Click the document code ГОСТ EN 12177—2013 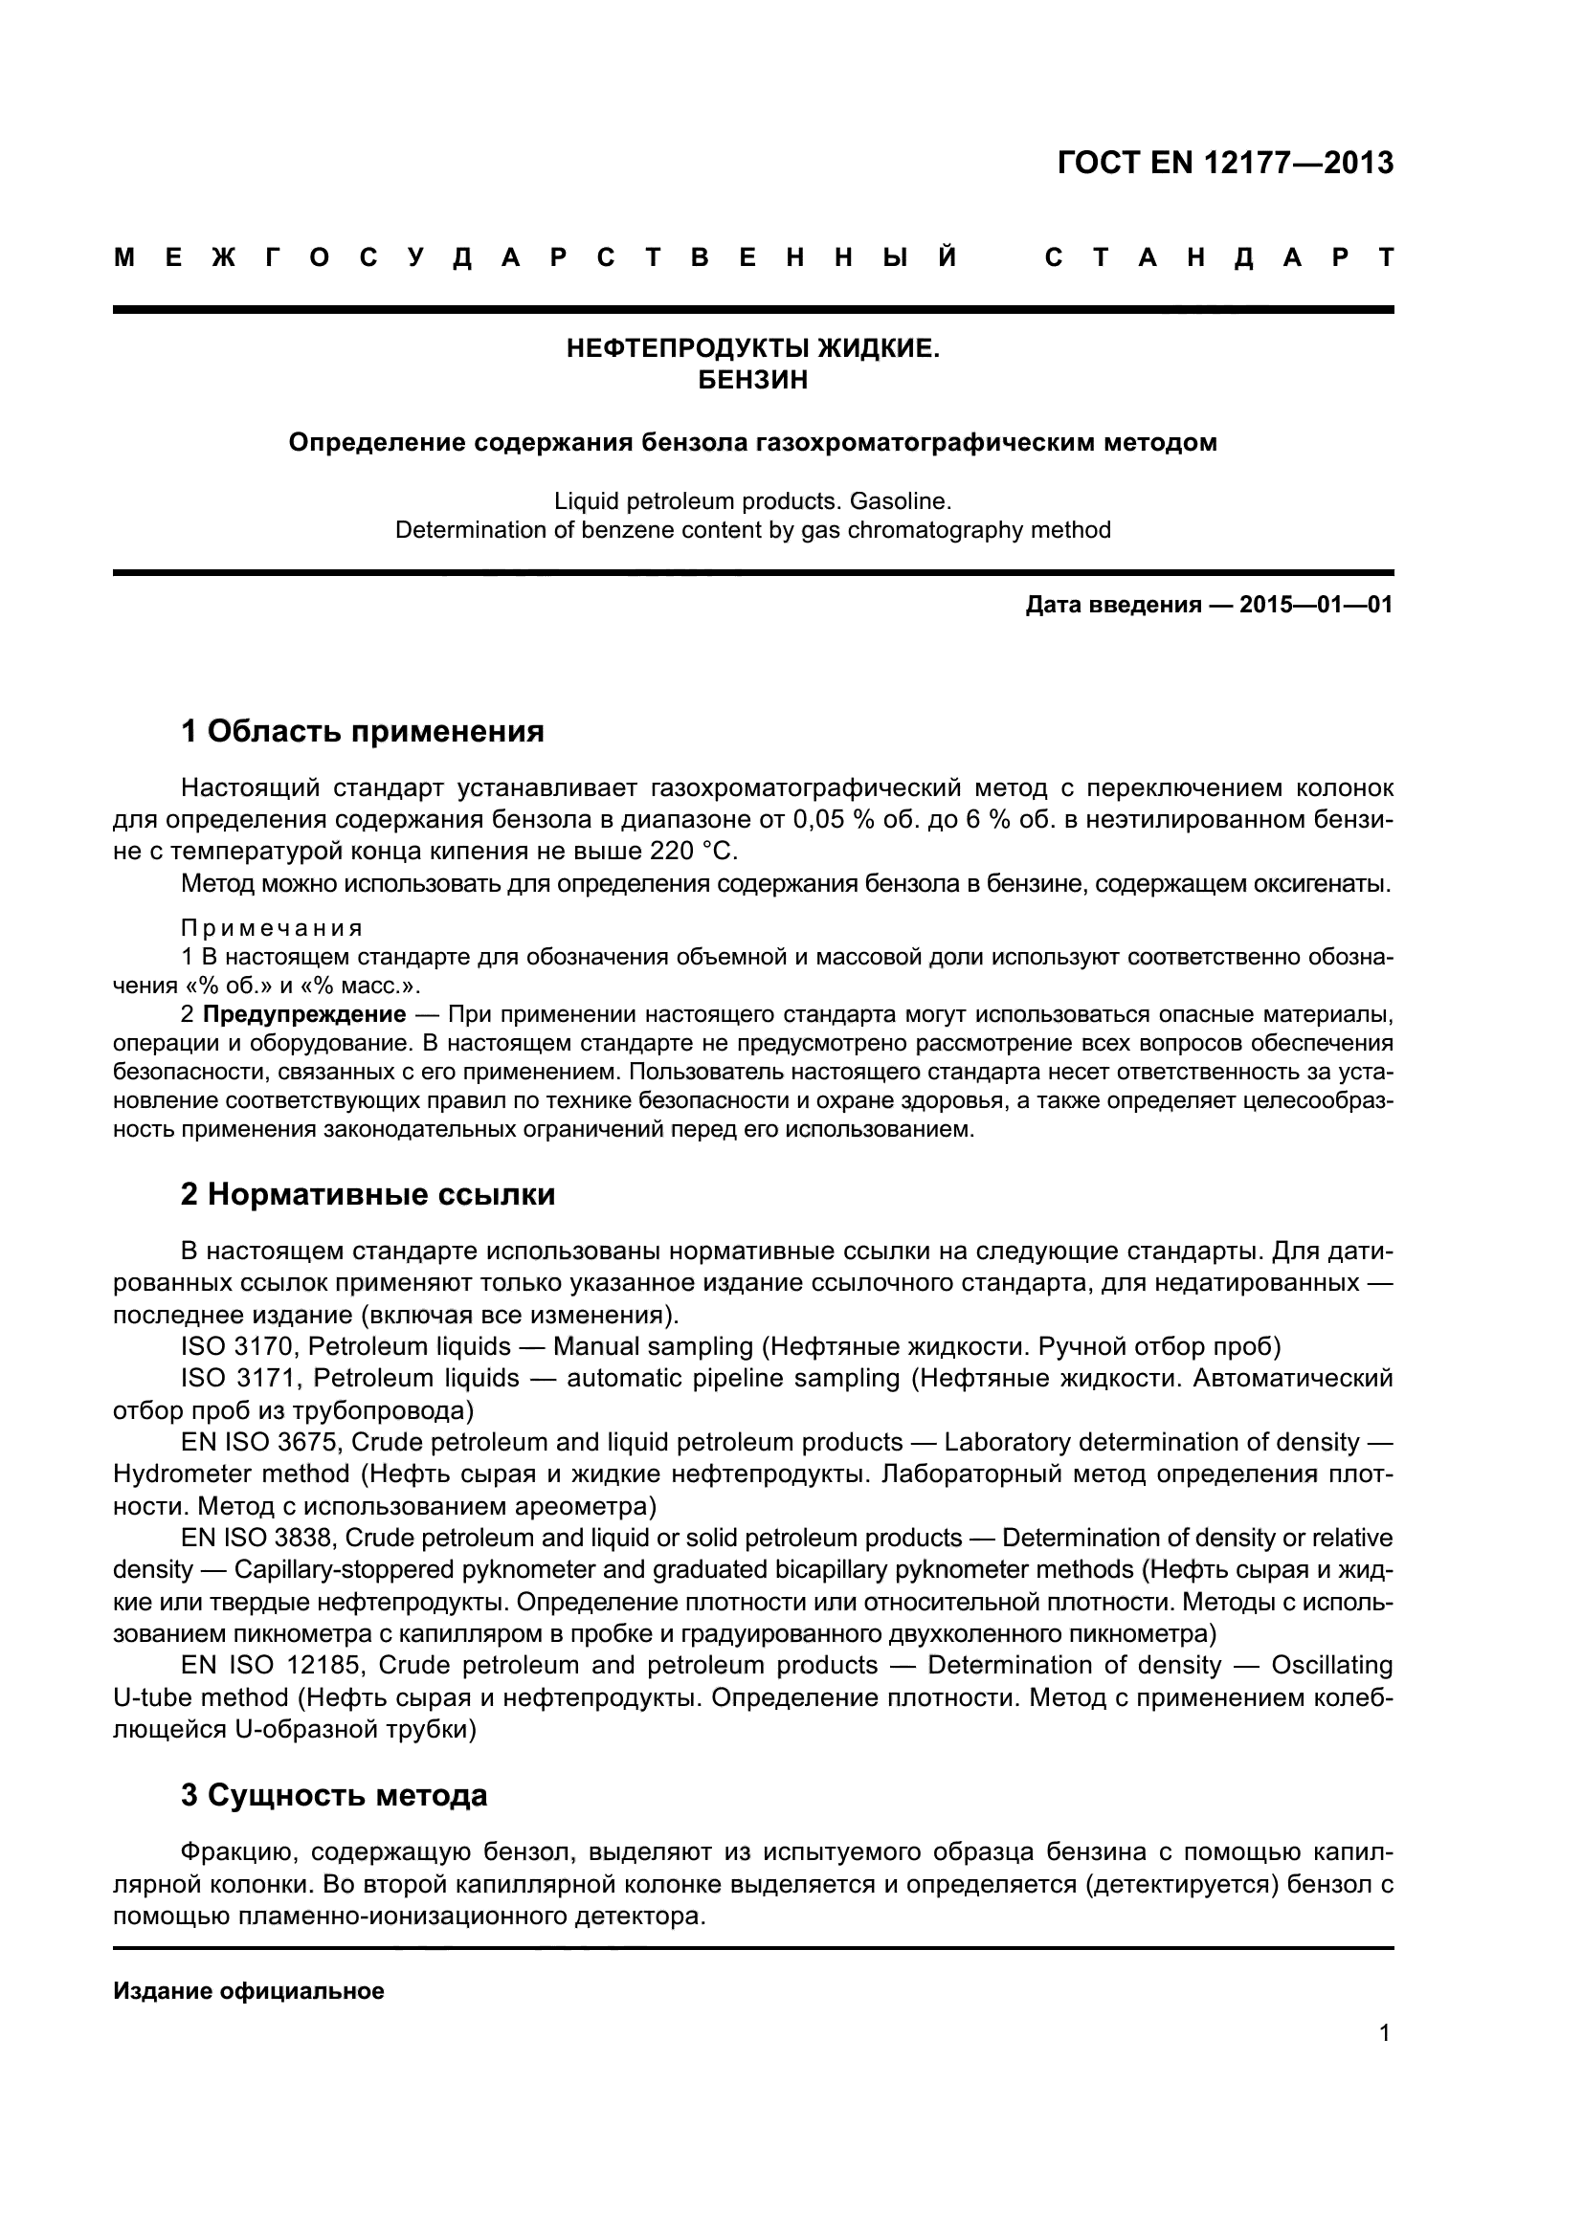coord(1224,163)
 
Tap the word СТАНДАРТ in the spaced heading coord(1217,258)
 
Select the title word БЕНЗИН coord(752,380)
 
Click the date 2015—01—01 coord(1315,606)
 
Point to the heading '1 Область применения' coord(362,731)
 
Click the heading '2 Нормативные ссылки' coord(368,1195)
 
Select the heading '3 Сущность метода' coord(333,1794)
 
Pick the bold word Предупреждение coord(304,1014)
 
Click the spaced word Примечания coord(272,927)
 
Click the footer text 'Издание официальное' coord(249,1990)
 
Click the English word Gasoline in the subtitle coord(896,502)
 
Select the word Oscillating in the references coord(1331,1665)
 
